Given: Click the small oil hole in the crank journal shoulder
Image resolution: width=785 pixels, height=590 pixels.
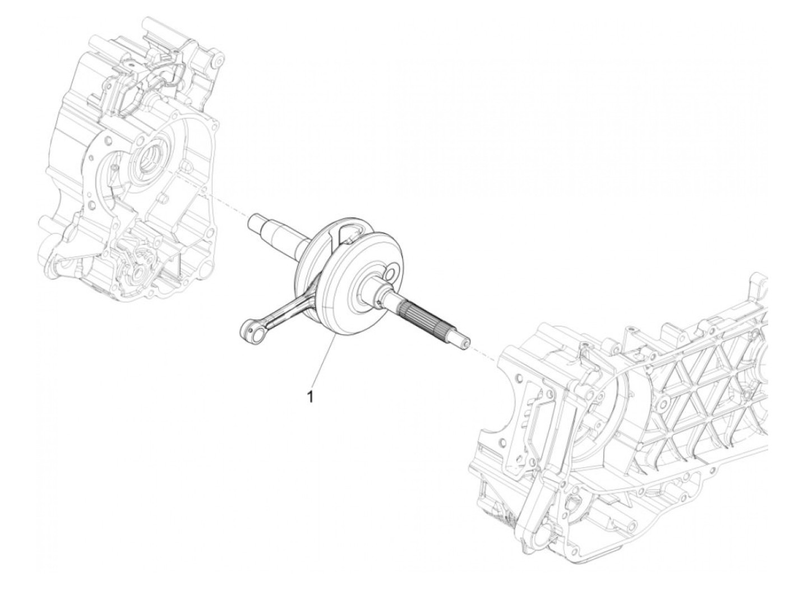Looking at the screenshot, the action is pos(382,303).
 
